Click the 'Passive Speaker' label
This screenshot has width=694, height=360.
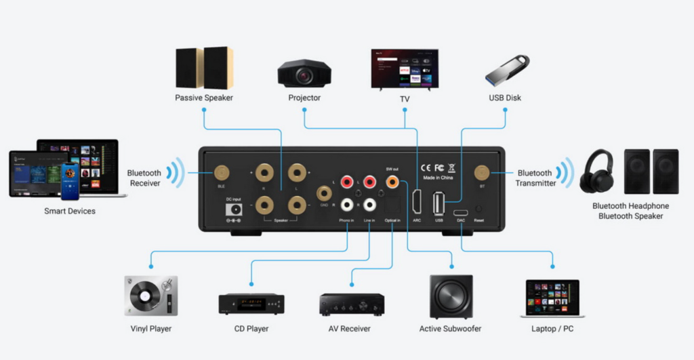(x=204, y=98)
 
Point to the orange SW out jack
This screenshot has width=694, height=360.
(x=391, y=182)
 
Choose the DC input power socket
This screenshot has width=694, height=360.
(x=233, y=210)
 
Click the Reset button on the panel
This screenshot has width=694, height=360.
(x=479, y=209)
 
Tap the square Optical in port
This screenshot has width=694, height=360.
(x=391, y=205)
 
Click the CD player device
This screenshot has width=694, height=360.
(x=251, y=303)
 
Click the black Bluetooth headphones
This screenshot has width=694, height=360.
(x=597, y=172)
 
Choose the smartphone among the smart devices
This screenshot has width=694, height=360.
(x=70, y=180)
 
